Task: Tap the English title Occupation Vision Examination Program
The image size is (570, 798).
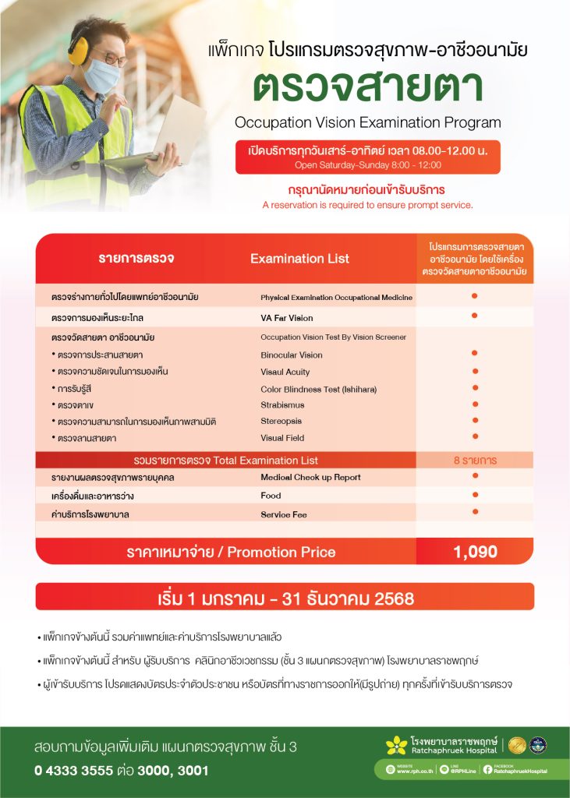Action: tap(368, 122)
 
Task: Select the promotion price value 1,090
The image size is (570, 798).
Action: tap(475, 552)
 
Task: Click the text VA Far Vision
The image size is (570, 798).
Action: tap(286, 318)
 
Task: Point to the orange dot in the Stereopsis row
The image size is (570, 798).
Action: tap(474, 419)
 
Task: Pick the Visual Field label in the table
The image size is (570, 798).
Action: tap(282, 437)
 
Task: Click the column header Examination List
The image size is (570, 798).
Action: tap(299, 259)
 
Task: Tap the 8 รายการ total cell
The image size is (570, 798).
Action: tap(475, 460)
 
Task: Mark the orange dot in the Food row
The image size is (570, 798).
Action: tap(474, 494)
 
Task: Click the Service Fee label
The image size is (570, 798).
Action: tap(283, 514)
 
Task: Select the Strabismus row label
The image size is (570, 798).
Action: tap(282, 404)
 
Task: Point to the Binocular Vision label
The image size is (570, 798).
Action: tap(291, 355)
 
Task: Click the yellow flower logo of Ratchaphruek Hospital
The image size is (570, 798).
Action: tap(396, 745)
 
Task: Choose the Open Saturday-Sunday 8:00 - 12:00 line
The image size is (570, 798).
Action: tap(368, 165)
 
